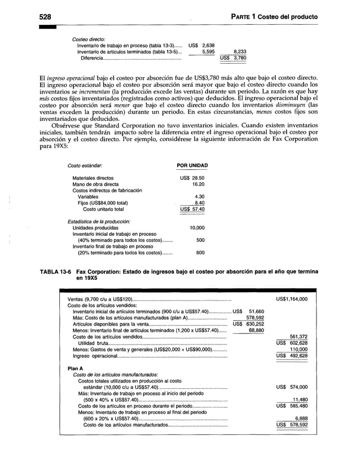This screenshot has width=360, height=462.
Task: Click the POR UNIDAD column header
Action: click(x=193, y=166)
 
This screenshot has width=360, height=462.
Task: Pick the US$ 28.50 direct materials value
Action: click(x=192, y=178)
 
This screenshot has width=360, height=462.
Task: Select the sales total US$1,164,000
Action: click(x=292, y=299)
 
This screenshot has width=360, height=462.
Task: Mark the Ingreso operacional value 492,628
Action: click(x=296, y=356)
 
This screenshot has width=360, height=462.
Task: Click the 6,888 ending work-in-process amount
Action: click(x=299, y=419)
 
